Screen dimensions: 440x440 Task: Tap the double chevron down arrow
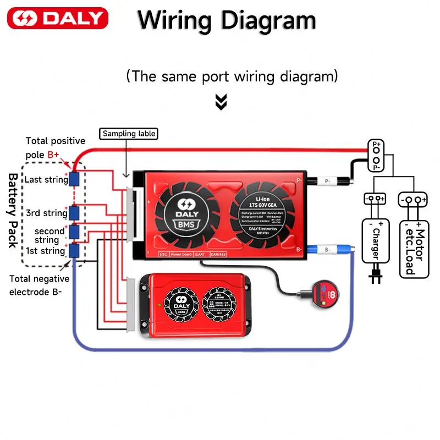tap(221, 102)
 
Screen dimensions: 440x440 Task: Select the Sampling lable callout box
tap(129, 134)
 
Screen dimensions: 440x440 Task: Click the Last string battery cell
tap(73, 179)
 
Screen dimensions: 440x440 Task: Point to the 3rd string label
tap(47, 213)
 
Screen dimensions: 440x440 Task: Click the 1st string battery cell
tap(73, 251)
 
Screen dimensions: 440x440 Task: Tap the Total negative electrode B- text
tap(35, 285)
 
